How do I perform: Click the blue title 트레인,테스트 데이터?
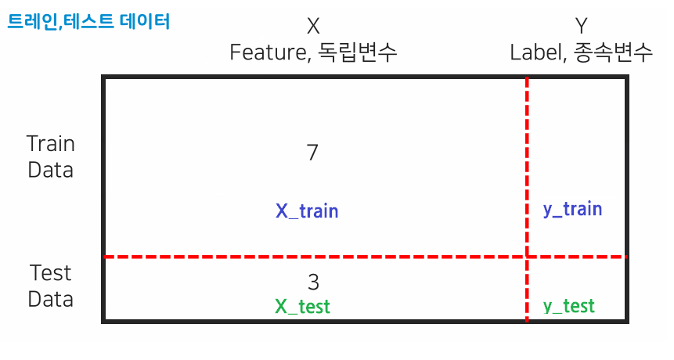coord(88,21)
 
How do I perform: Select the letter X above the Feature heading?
coord(313,27)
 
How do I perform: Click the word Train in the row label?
coord(51,144)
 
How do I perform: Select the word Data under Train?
coord(51,169)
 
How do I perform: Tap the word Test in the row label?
coord(51,273)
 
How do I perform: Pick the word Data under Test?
coord(51,298)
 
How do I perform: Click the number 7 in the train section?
coord(313,153)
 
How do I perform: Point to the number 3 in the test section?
coord(313,282)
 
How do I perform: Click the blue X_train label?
coord(307,211)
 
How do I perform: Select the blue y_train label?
coord(572,209)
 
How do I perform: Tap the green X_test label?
coord(303,306)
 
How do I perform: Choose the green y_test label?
coord(569,306)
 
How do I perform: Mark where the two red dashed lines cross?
coord(527,257)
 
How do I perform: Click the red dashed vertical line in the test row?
coord(527,290)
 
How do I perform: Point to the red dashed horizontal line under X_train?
coord(307,257)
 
